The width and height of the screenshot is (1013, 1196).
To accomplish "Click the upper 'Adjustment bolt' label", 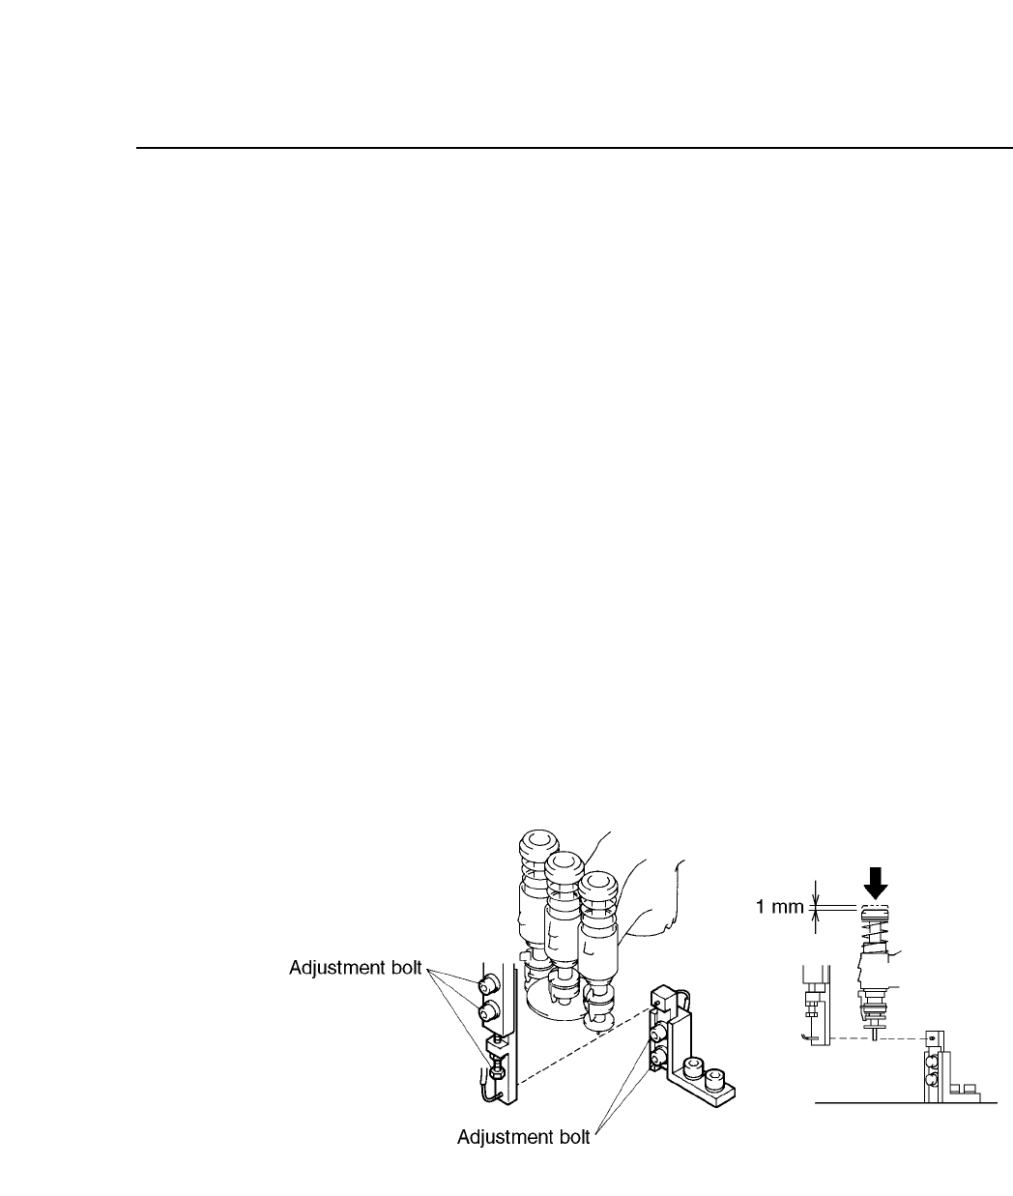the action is coord(355,968).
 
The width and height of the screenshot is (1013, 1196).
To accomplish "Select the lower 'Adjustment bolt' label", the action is coord(523,1137).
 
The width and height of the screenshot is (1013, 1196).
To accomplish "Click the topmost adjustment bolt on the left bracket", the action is coord(488,984).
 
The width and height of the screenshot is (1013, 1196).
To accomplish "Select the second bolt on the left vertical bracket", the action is coord(489,1013).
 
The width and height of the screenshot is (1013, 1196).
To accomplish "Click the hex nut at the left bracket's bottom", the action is coord(497,1070).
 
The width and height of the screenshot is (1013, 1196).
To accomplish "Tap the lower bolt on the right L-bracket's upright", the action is coord(660,1061).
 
